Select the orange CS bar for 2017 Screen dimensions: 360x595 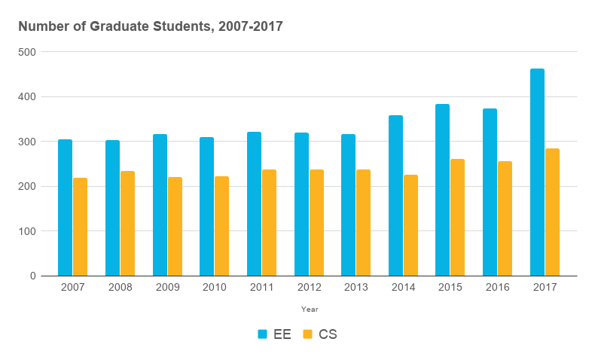552,212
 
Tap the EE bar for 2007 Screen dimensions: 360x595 65,207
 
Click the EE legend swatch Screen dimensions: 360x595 263,334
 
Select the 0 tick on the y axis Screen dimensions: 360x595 33,276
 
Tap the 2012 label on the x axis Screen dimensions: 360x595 309,288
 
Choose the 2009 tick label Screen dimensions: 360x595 166,288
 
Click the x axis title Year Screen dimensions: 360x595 310,309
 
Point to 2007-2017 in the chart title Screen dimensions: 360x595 249,26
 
